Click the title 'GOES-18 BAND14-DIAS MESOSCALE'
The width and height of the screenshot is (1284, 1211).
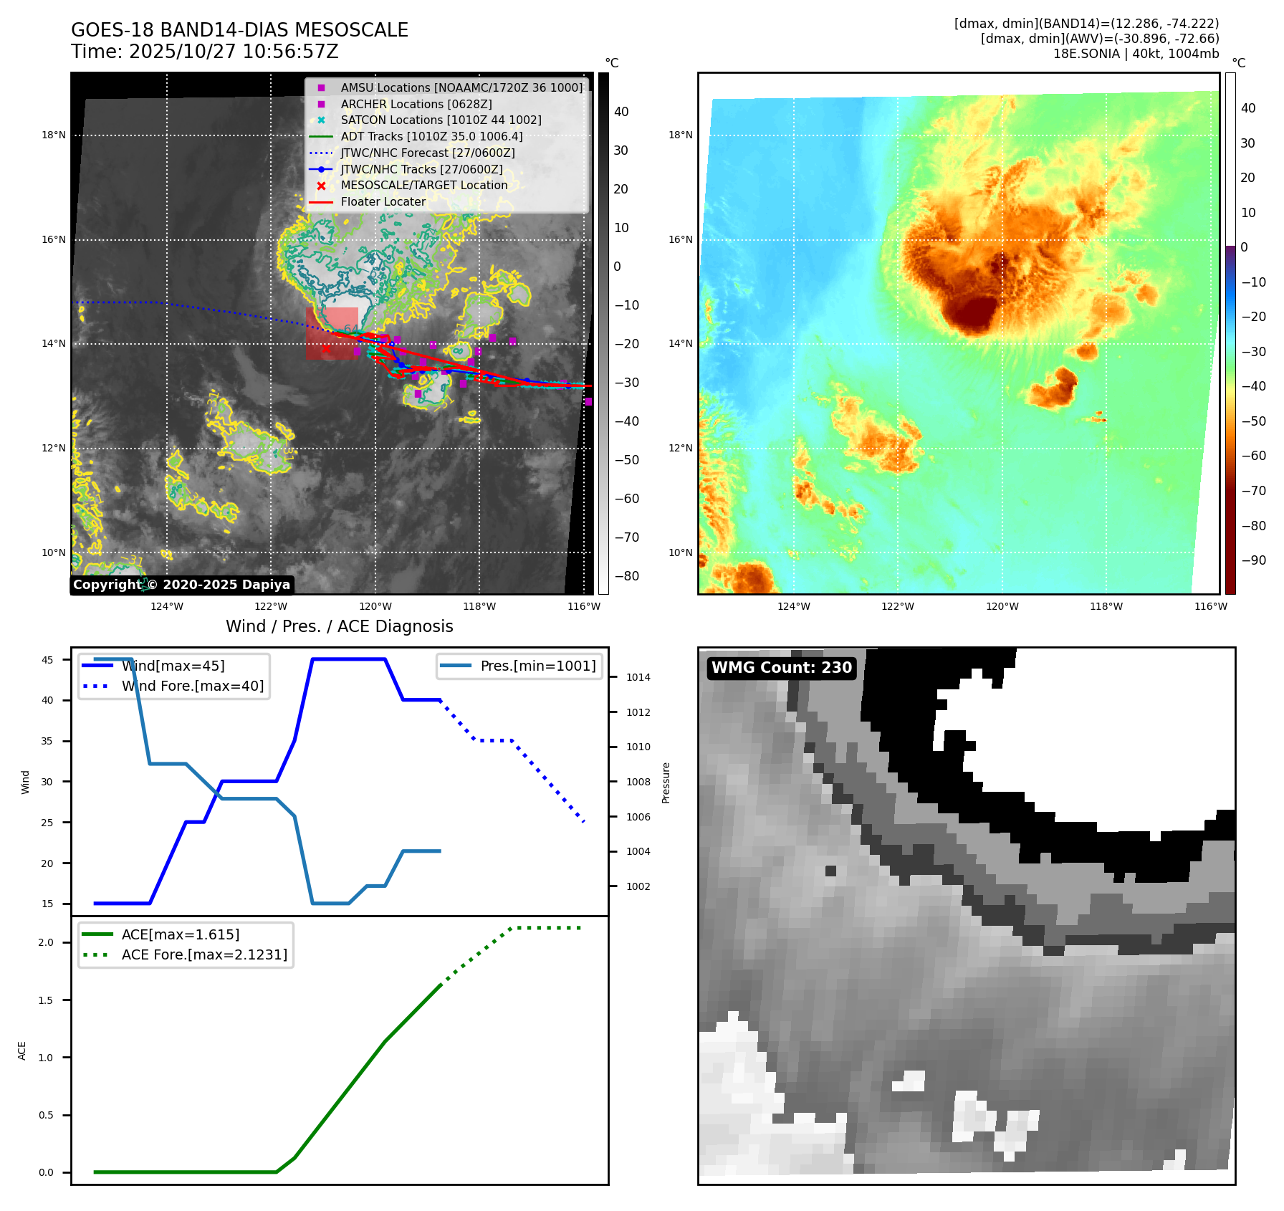239,30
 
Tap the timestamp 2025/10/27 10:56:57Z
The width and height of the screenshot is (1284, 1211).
204,52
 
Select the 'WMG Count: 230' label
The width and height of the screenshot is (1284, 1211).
781,668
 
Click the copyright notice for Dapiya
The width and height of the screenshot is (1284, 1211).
181,585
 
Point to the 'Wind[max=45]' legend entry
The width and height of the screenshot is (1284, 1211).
173,666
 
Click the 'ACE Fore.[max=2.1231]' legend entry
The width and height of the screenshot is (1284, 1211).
204,954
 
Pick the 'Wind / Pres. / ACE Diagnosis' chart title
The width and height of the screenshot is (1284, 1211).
339,626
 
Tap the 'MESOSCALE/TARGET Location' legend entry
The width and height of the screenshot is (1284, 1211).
423,185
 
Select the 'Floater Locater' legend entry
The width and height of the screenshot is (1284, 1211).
383,201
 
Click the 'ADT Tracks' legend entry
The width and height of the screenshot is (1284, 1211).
431,136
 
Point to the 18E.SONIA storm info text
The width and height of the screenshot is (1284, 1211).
1136,54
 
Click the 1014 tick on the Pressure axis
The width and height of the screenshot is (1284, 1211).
638,677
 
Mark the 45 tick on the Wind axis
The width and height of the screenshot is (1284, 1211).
47,660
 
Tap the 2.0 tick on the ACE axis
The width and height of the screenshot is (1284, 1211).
46,942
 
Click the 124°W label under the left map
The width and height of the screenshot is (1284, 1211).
166,606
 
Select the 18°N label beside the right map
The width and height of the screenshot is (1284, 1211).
680,135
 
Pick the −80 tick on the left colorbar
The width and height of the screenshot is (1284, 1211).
626,576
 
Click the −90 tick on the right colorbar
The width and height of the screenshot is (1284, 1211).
1253,560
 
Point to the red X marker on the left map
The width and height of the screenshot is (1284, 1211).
326,348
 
